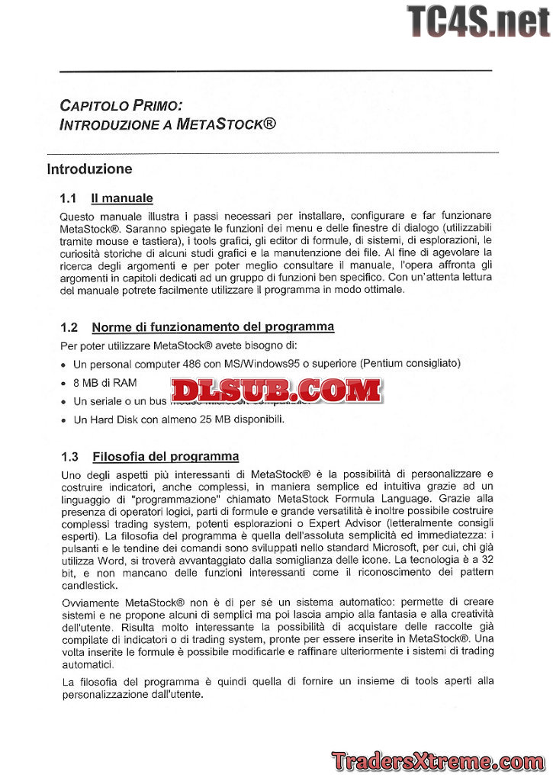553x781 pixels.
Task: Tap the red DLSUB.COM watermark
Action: tap(275, 390)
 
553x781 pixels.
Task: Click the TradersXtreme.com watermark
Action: tap(438, 760)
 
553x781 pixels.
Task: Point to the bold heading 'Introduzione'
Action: tap(89, 169)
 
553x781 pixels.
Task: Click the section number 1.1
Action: tap(69, 199)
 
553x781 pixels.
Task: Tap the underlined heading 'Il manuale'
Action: tap(122, 199)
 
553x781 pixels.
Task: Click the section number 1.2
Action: tap(69, 328)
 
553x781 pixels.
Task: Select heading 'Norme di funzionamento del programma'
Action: tap(213, 328)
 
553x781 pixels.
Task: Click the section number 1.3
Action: tap(69, 458)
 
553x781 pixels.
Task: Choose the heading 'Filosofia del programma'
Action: tap(166, 458)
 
